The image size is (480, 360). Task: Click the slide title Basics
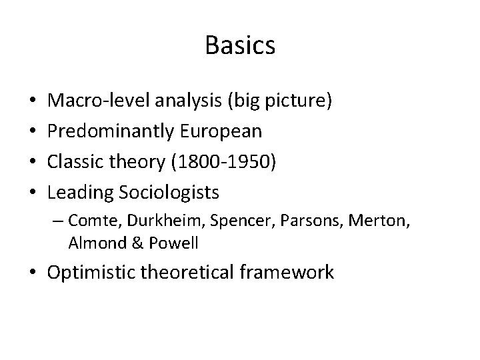[240, 45]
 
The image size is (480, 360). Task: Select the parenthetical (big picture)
[280, 102]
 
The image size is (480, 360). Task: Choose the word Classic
[78, 162]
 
